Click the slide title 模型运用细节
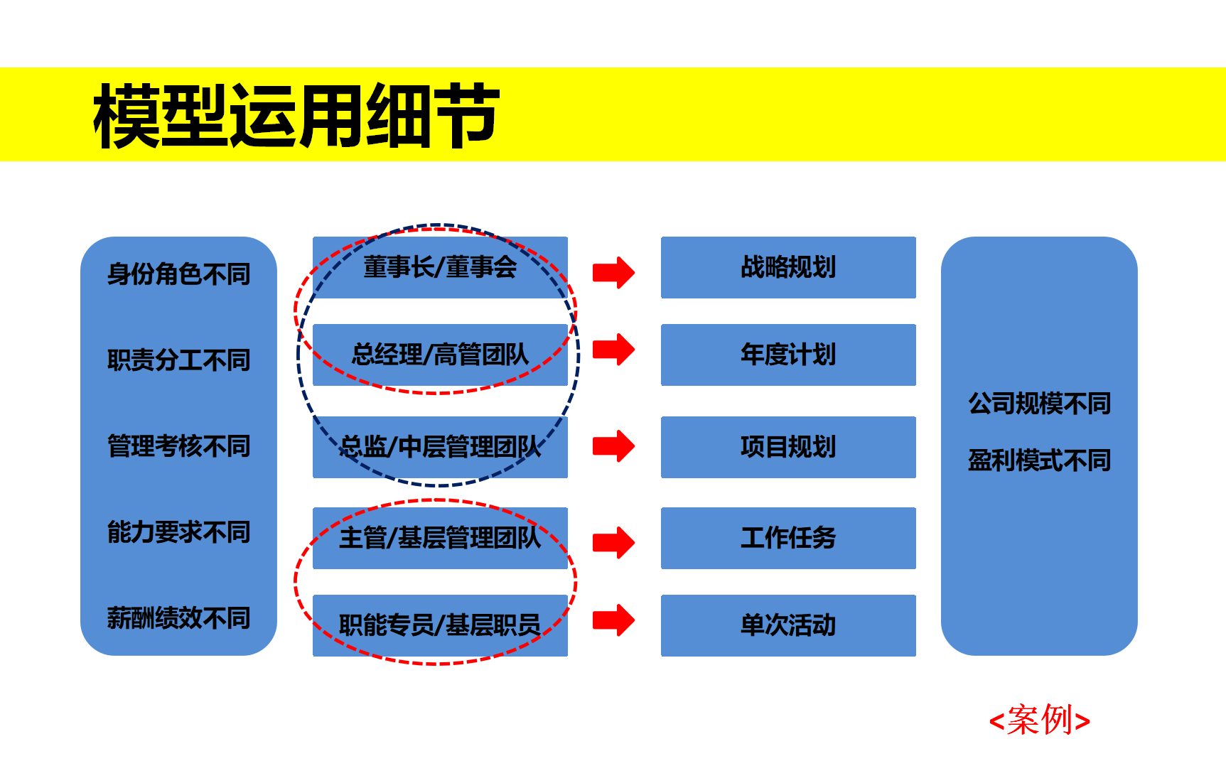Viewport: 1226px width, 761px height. (x=296, y=115)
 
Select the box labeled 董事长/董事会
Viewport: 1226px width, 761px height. (x=440, y=267)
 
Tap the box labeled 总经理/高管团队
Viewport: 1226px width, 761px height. (x=440, y=355)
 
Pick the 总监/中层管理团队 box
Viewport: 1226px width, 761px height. (x=440, y=447)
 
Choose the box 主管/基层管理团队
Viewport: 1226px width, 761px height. (x=440, y=538)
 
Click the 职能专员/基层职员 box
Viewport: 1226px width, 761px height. (x=440, y=625)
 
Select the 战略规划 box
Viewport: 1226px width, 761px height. (x=788, y=267)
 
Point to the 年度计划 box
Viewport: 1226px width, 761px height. (x=788, y=355)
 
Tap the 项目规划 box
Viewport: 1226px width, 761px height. (x=788, y=447)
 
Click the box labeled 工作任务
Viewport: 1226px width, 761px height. (x=788, y=538)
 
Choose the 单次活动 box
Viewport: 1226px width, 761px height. (x=788, y=625)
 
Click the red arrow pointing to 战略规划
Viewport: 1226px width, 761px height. (x=613, y=273)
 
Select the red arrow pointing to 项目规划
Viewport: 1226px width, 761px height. (x=613, y=446)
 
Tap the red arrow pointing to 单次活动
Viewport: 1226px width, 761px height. (x=613, y=620)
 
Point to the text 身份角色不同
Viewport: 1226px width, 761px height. (x=178, y=274)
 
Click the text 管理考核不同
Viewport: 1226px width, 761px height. (x=178, y=446)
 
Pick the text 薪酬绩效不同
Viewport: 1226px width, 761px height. (x=178, y=618)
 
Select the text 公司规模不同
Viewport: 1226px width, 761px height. (x=1039, y=404)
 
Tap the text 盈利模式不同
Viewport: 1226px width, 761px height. (x=1039, y=460)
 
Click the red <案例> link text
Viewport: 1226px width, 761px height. (x=1040, y=720)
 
